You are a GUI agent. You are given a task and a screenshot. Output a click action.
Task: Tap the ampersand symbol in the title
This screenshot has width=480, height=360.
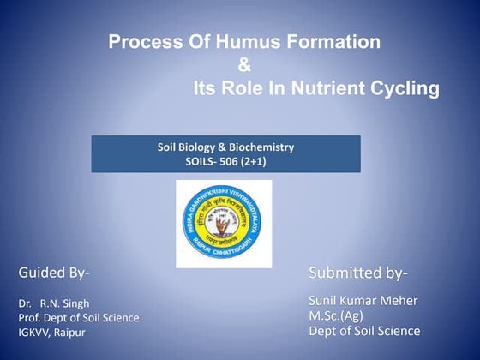244,64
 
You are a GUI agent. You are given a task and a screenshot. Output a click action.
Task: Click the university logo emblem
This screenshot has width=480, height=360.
224,224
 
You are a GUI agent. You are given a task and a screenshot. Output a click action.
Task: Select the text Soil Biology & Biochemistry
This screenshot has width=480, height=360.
225,147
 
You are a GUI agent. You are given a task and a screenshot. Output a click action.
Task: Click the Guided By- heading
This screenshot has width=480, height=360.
54,273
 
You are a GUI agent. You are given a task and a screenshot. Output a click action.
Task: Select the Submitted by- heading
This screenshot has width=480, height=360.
357,273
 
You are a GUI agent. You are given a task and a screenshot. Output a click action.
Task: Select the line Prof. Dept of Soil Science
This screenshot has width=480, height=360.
78,318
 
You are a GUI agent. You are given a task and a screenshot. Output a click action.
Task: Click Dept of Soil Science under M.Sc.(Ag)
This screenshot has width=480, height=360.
364,331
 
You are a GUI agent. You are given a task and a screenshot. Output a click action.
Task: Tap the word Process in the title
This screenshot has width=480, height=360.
140,41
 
